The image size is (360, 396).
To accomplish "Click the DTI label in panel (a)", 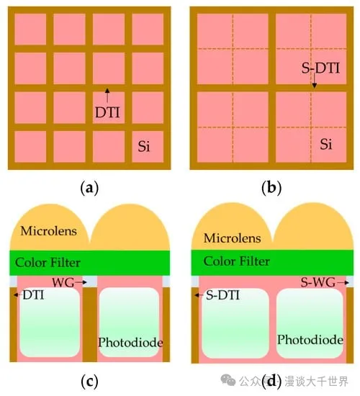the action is (x=107, y=112).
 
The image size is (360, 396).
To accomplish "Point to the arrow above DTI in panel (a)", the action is (x=107, y=96).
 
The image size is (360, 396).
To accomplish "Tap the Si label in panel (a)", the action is (x=144, y=146).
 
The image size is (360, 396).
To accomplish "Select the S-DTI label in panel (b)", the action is (x=320, y=68).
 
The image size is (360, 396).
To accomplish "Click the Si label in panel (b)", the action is (x=326, y=144).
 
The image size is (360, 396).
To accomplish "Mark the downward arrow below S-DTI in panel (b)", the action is (x=314, y=81).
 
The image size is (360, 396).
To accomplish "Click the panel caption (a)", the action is (x=89, y=188).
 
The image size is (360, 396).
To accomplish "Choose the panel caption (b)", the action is (x=271, y=188).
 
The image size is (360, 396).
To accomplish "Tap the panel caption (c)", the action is (x=89, y=382).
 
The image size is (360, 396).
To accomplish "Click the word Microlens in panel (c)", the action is (x=49, y=231).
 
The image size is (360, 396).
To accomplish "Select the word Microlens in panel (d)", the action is (x=232, y=238).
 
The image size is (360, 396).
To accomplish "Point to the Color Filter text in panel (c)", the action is (x=48, y=262).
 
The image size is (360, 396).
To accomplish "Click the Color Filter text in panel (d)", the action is (x=236, y=261).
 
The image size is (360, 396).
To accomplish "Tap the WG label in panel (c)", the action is (x=63, y=282).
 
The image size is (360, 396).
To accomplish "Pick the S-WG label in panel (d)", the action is (x=318, y=282).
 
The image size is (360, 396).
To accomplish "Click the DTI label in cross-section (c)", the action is (x=33, y=294).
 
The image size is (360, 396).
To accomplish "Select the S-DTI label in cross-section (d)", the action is (x=222, y=295).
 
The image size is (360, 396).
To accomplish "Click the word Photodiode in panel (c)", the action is (x=130, y=343).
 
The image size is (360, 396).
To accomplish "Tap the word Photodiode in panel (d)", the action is (x=310, y=340).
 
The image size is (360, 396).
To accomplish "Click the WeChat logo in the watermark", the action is (x=228, y=380).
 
